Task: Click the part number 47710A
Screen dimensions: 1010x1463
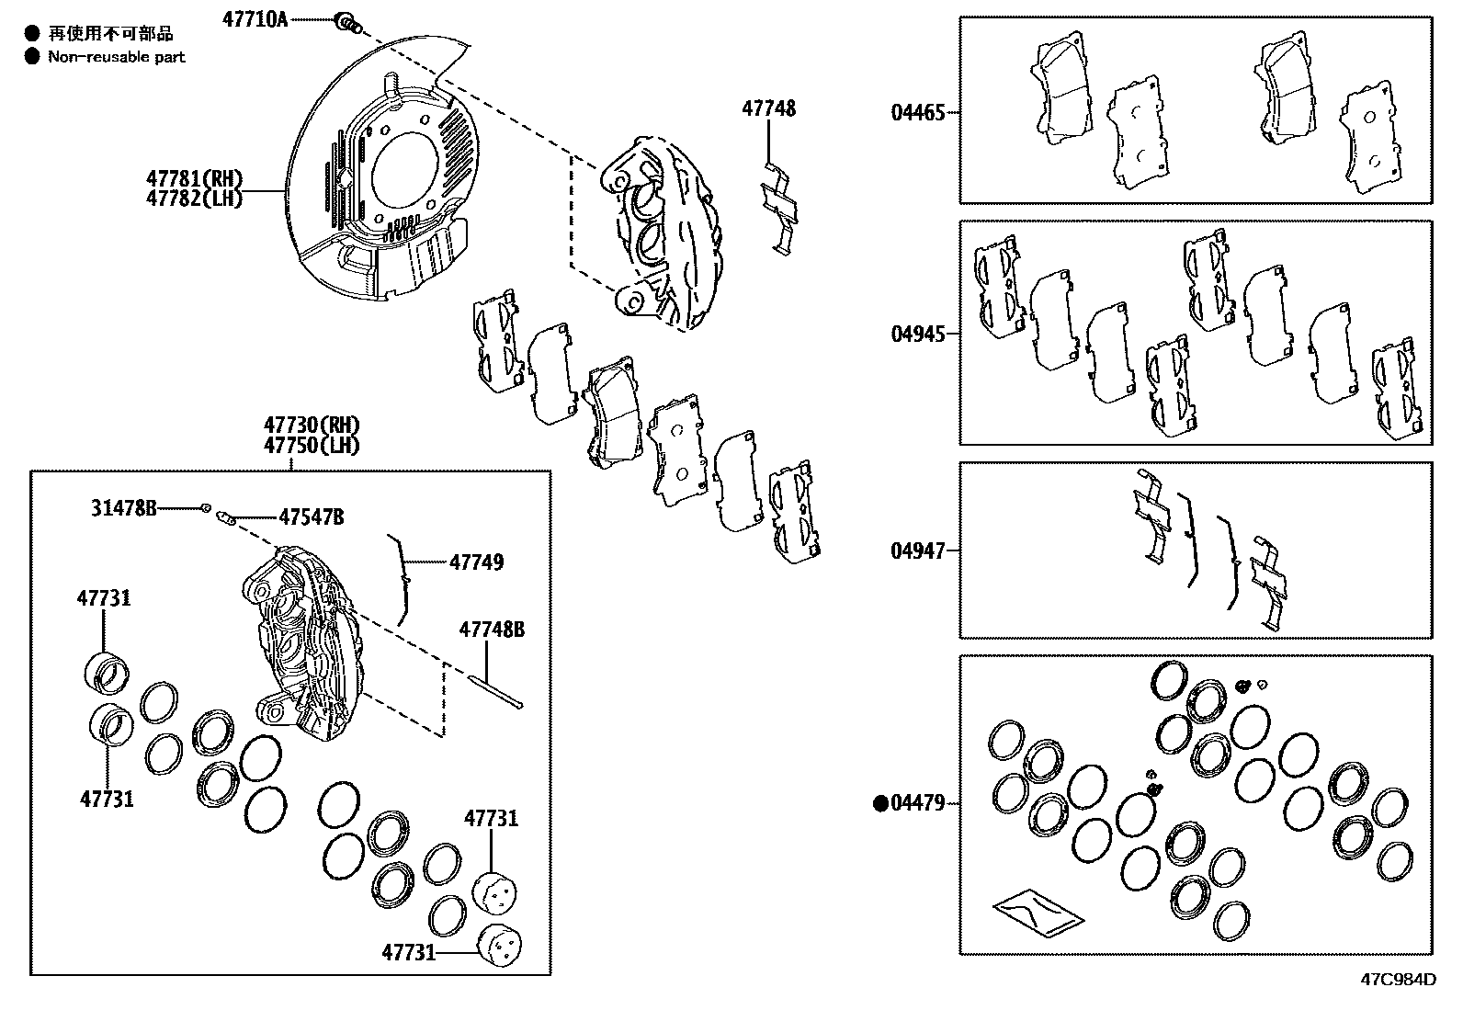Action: pos(254,18)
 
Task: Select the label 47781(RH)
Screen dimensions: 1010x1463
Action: pos(193,177)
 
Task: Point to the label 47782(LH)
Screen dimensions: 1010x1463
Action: pos(193,198)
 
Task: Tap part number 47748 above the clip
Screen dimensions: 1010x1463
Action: pos(768,108)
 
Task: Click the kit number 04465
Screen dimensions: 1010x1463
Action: pos(916,113)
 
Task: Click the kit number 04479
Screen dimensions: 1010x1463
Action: pos(916,803)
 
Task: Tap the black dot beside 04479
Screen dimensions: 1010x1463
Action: pos(879,803)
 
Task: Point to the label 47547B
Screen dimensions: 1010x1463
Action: pos(311,518)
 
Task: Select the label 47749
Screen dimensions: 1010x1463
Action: pos(475,562)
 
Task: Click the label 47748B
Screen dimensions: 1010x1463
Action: pos(492,630)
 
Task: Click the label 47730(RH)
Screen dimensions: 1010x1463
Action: pos(311,425)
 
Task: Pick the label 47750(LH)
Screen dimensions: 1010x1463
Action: pos(311,445)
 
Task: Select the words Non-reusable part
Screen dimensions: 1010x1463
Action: pos(117,57)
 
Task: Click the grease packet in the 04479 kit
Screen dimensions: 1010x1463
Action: pos(1037,911)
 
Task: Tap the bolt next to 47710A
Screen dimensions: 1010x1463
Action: pos(347,22)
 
